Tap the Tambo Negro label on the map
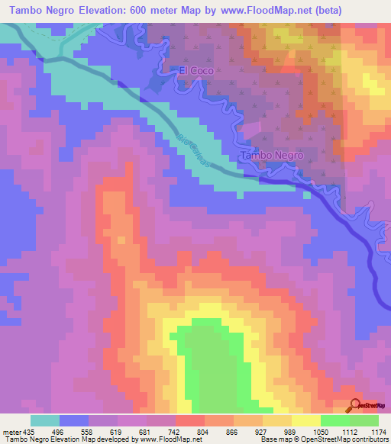point(272,155)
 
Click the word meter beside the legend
point(11,431)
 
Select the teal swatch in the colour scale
point(44,420)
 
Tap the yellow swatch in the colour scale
point(305,420)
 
